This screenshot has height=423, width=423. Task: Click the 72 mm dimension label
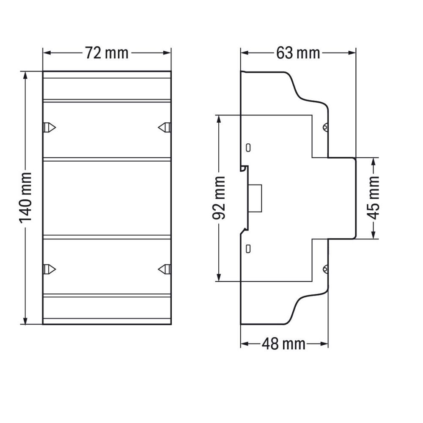(107, 53)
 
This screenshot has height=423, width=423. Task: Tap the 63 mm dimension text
(298, 53)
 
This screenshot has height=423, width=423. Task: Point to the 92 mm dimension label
(219, 198)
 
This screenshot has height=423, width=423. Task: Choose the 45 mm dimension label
(374, 198)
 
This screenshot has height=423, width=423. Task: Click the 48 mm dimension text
(283, 344)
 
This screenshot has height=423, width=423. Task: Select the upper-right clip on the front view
(164, 127)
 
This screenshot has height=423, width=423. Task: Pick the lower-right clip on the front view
(164, 269)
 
